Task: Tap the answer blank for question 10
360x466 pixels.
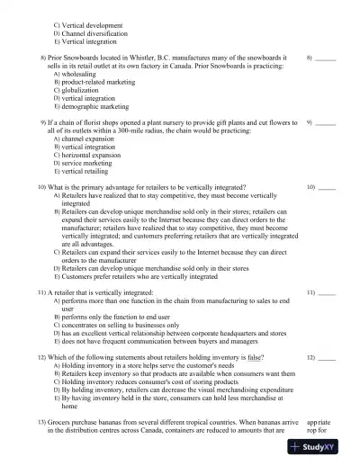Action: [327, 189]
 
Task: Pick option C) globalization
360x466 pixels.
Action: [81, 90]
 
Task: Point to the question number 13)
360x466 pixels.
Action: [41, 423]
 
